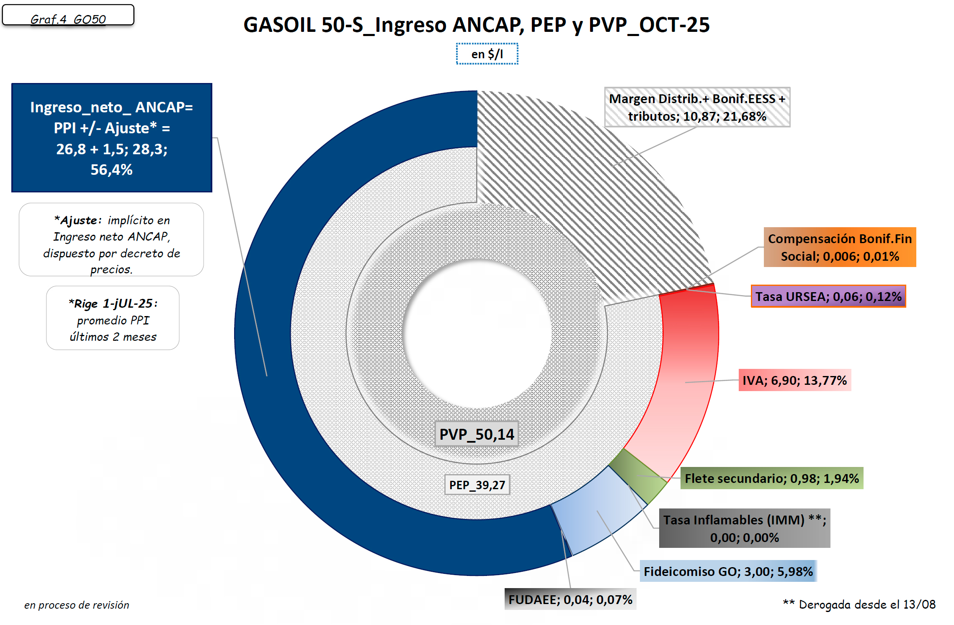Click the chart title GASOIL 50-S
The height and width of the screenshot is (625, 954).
click(476, 25)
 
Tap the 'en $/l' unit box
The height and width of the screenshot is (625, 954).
click(487, 54)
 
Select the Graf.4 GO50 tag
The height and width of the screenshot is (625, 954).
click(68, 16)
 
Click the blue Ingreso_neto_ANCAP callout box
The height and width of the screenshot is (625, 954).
click(111, 138)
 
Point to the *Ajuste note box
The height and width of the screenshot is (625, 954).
click(111, 240)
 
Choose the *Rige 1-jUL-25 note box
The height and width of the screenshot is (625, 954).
click(113, 318)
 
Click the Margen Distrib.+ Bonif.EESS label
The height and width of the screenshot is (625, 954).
click(697, 107)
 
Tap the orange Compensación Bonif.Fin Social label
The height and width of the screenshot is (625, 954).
click(840, 247)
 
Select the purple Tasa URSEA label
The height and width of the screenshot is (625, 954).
click(828, 296)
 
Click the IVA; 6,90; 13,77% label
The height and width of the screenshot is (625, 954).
click(794, 380)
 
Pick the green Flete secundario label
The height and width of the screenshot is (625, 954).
click(771, 478)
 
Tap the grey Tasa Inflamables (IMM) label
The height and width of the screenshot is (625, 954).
click(744, 528)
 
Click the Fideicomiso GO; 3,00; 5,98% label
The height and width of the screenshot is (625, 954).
click(728, 571)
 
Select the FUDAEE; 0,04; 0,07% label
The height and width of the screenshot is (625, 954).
click(570, 599)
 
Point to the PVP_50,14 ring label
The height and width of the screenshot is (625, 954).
click(477, 434)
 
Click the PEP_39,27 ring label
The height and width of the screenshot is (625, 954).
click(477, 485)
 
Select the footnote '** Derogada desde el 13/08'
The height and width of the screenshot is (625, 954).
click(859, 604)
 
